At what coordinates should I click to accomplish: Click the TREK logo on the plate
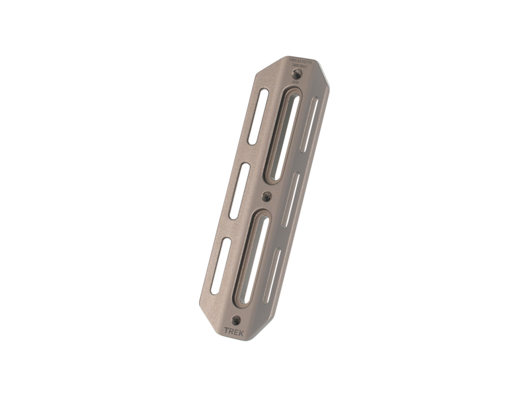[234, 332]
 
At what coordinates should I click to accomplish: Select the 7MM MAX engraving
[301, 66]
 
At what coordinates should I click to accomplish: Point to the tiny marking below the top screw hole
[295, 83]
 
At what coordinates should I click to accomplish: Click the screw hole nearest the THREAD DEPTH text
[296, 75]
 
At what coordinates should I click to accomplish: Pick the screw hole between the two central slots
[266, 196]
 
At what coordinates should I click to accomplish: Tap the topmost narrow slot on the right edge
[311, 123]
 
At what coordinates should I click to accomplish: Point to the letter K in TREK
[241, 333]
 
